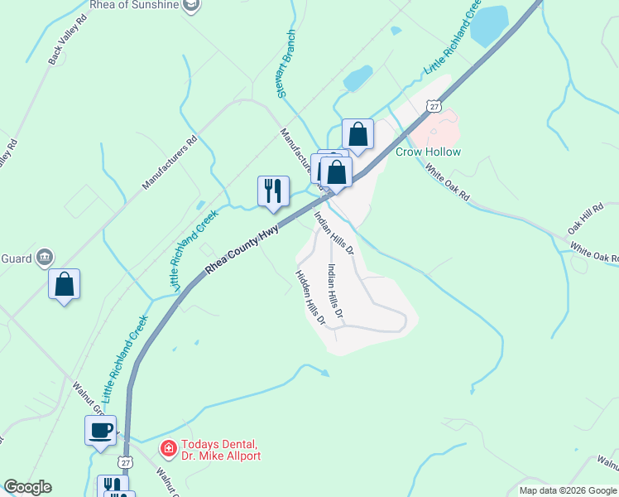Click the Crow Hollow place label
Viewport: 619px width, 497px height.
(x=428, y=152)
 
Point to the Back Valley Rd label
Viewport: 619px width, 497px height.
(x=67, y=39)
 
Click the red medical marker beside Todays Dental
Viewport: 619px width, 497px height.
(x=168, y=450)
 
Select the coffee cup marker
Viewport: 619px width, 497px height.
(x=102, y=431)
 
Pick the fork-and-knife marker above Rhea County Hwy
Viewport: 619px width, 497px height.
(x=273, y=191)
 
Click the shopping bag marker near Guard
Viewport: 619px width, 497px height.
(x=65, y=284)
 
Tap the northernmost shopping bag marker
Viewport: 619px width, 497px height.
(x=357, y=134)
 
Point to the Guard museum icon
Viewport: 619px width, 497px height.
(x=45, y=258)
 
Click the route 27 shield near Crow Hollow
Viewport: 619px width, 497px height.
(x=434, y=105)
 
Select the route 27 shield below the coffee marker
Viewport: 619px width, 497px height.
(x=125, y=461)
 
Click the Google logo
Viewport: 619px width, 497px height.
(x=27, y=487)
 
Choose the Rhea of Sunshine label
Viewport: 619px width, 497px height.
(x=136, y=5)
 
